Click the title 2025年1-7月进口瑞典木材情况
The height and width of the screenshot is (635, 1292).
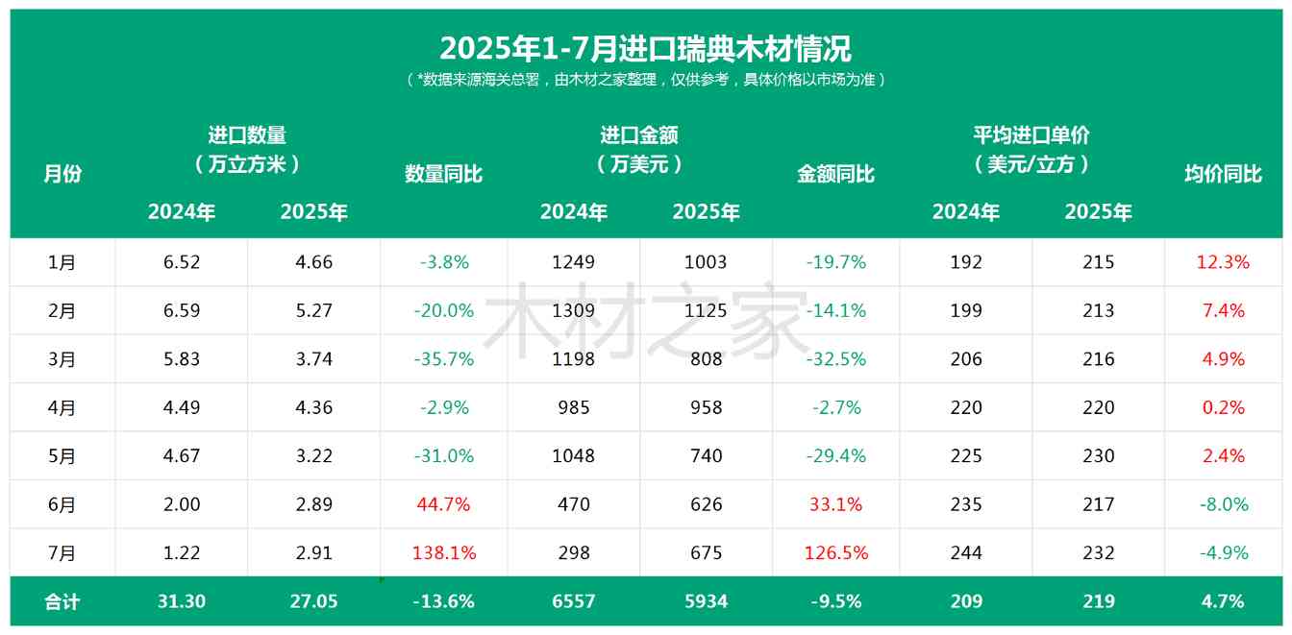coord(645,48)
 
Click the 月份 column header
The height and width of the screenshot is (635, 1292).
coord(62,174)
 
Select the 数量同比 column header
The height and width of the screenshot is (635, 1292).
coord(443,174)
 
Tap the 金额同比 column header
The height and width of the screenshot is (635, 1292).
coord(835,174)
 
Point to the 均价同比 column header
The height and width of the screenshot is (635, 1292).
coord(1223,174)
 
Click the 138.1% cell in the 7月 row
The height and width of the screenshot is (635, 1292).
coord(444,553)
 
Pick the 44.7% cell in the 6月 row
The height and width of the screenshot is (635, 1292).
coord(444,504)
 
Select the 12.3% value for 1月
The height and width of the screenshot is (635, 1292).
coord(1223,262)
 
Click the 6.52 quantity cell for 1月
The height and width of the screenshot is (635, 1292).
coord(182,262)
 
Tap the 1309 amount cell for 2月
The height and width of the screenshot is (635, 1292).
coord(574,310)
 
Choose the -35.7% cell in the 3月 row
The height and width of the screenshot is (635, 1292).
coord(444,359)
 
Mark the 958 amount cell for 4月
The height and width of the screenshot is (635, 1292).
coord(707,407)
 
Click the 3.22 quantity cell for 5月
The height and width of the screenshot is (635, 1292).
coord(314,456)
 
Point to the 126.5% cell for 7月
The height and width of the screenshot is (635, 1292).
coord(835,553)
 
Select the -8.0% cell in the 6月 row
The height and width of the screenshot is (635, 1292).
coord(1223,504)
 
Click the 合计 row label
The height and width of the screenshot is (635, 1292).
coord(62,602)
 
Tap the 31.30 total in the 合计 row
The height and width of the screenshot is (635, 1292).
coord(182,602)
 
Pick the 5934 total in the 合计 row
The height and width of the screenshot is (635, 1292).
coord(707,602)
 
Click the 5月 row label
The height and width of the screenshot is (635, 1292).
coord(62,456)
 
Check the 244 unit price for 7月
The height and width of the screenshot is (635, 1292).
coord(966,553)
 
